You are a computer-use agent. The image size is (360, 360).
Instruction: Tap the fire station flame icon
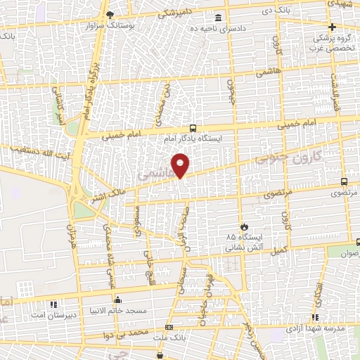click(x=244, y=228)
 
